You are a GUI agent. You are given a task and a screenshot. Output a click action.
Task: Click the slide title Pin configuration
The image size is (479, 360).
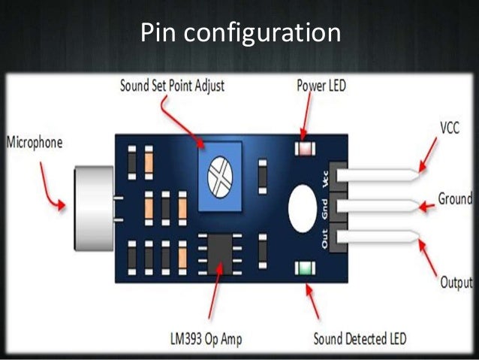pyautogui.click(x=239, y=33)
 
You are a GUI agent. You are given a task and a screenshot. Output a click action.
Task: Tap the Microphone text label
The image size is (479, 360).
pyautogui.click(x=35, y=141)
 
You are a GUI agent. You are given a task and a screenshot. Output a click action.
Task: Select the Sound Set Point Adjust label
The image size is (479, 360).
pyautogui.click(x=172, y=85)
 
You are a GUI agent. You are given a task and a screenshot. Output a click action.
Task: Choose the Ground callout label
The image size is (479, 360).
pyautogui.click(x=455, y=201)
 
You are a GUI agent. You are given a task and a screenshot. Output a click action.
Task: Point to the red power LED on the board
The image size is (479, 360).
pyautogui.click(x=305, y=147)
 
